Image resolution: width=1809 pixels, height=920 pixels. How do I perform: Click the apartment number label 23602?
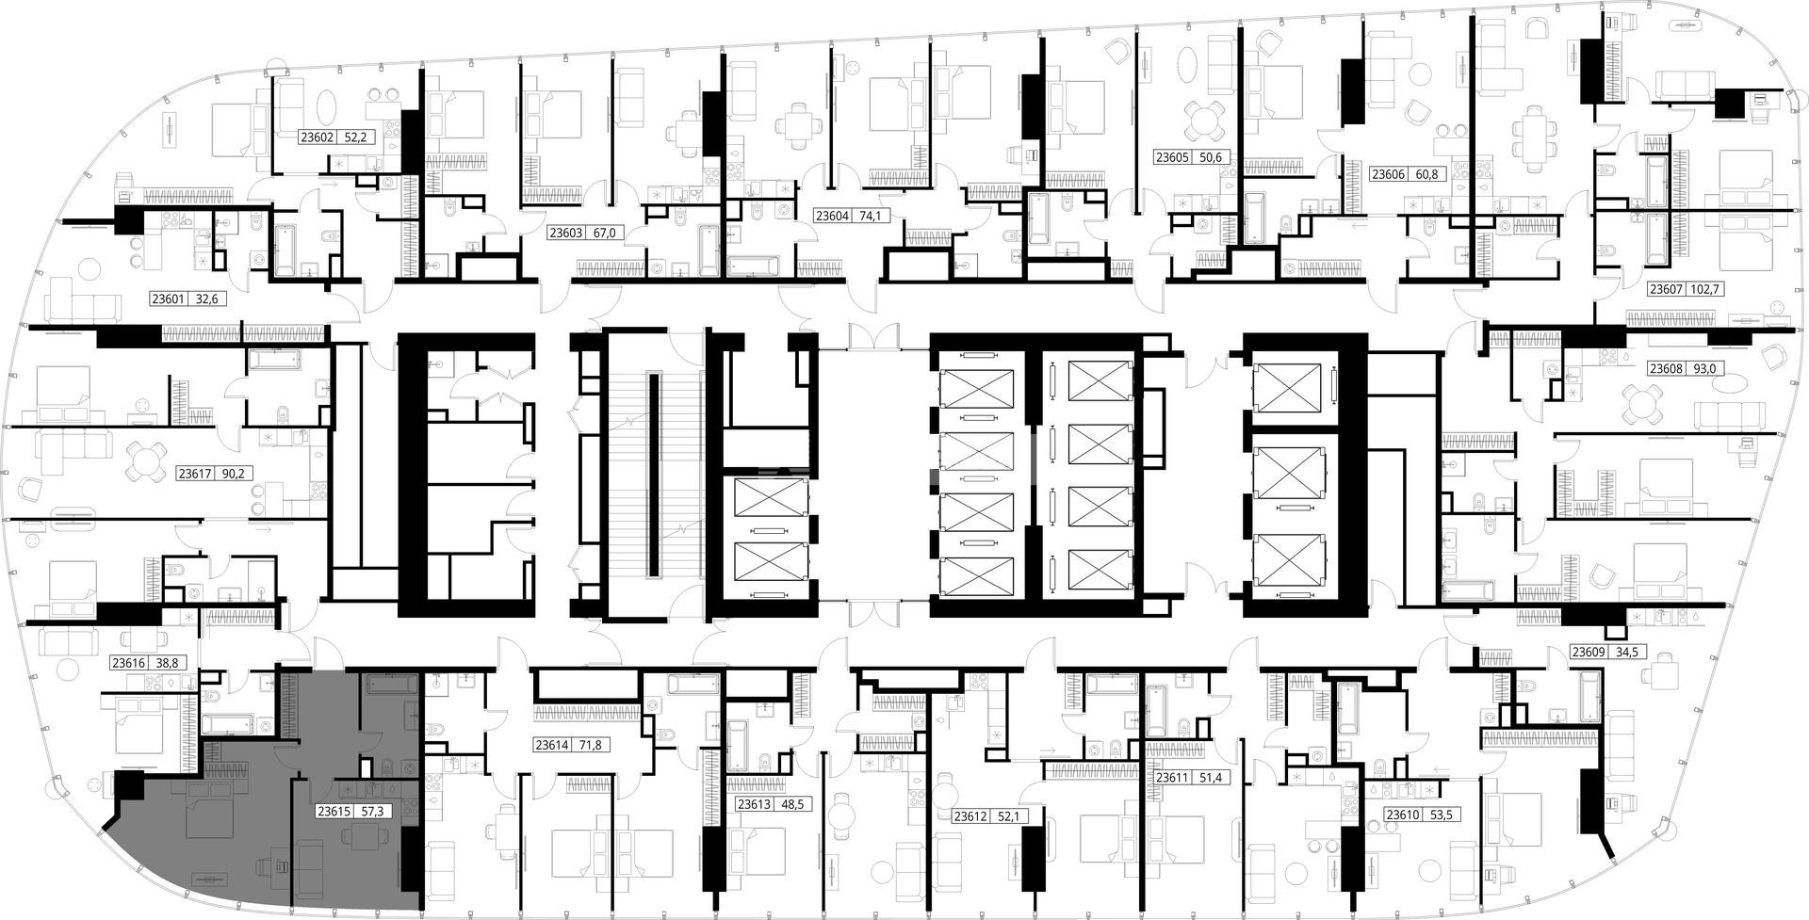coord(318,137)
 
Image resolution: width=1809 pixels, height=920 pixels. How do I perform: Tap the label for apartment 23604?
coord(832,216)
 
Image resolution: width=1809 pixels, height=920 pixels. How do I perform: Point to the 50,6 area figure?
coord(1212,157)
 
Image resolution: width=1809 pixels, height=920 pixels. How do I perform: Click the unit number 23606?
coord(1388,174)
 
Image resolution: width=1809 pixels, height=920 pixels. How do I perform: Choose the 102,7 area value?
coord(1706,289)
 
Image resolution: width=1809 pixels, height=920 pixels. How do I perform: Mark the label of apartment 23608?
coord(1666,368)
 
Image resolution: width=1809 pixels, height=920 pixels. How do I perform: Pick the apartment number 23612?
coord(971,816)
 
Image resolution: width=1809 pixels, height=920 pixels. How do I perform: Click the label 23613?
coord(755,804)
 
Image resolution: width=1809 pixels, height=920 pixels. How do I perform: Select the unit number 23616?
coord(129,662)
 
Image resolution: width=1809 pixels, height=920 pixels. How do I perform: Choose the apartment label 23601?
coord(169,299)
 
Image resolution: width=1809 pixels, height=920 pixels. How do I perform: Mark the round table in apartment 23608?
coord(1641,406)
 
